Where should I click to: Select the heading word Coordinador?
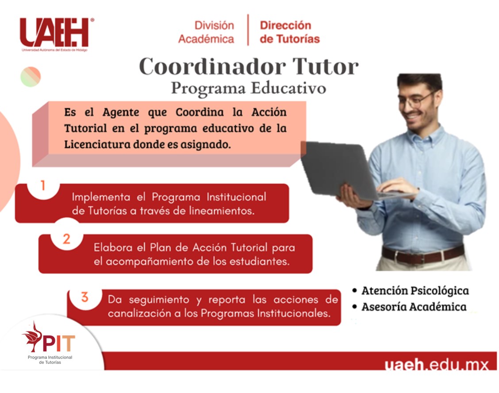(212, 66)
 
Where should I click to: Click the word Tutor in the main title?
(325, 66)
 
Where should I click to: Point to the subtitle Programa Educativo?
(249, 88)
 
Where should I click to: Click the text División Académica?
(206, 32)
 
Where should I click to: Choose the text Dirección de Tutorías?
(290, 32)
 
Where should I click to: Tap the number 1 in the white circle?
(43, 185)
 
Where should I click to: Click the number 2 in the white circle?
(66, 239)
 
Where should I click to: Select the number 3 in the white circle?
(84, 297)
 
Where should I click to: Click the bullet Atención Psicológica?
(411, 291)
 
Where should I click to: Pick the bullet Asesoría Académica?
(409, 307)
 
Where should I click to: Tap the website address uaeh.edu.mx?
(436, 365)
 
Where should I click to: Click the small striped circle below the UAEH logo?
(31, 77)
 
